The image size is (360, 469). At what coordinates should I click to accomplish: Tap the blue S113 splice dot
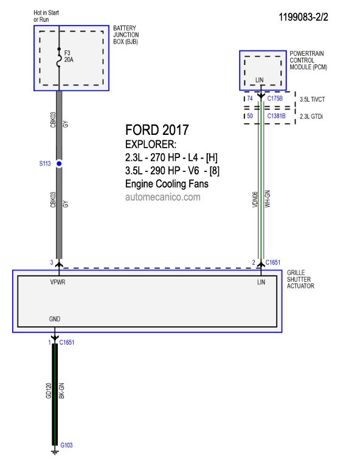click(x=59, y=163)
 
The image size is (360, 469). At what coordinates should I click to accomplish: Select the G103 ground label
click(x=66, y=445)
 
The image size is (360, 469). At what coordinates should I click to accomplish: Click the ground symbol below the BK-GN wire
click(x=55, y=451)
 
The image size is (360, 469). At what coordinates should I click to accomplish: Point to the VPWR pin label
click(x=58, y=282)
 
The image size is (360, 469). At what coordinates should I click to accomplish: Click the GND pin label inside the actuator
click(x=55, y=319)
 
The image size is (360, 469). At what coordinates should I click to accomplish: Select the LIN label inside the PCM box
click(x=260, y=80)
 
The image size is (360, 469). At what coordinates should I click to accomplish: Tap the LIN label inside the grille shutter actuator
click(x=261, y=282)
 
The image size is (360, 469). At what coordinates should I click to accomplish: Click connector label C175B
click(x=275, y=98)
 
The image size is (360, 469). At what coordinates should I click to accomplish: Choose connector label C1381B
click(x=276, y=116)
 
